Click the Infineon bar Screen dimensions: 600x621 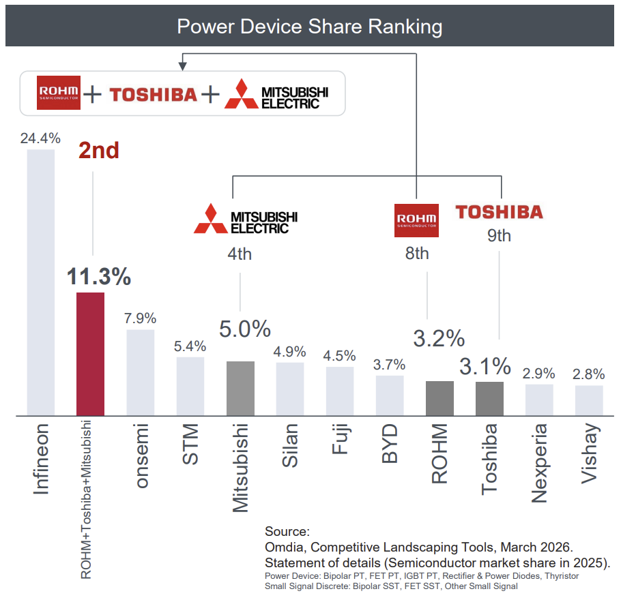40,282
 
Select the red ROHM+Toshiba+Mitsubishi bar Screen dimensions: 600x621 90,353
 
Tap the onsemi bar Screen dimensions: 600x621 141,372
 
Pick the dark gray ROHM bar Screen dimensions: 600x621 439,397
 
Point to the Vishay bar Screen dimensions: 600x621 589,400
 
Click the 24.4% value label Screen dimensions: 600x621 40,138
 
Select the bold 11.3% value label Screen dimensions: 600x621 98,277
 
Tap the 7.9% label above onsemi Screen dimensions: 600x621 141,318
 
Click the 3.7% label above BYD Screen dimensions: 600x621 390,365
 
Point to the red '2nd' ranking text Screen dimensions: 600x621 99,151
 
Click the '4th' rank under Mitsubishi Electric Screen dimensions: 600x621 240,254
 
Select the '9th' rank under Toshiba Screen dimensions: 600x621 499,236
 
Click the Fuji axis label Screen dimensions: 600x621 340,442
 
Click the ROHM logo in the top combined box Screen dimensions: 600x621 59,93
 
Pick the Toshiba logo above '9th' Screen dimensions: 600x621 499,211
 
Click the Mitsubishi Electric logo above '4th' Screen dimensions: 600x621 246,218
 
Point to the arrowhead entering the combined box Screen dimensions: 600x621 182,66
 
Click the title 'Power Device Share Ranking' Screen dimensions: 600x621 310,27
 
